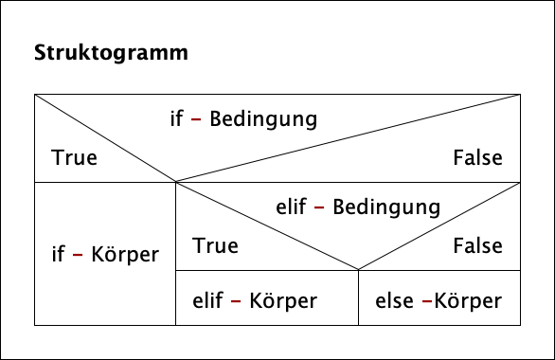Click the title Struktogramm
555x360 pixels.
tap(111, 52)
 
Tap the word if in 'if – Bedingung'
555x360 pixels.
tap(176, 120)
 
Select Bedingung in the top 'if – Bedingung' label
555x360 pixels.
tap(262, 121)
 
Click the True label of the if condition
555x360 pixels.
tap(75, 158)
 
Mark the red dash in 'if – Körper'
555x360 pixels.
tap(77, 255)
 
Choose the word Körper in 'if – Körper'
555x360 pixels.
tap(125, 256)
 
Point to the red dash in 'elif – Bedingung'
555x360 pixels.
tap(319, 207)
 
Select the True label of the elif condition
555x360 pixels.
tap(215, 245)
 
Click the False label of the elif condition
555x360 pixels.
tap(477, 245)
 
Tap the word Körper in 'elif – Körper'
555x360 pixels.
tap(283, 301)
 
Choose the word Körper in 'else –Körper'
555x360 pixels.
tap(467, 301)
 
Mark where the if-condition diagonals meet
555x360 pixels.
tap(176, 182)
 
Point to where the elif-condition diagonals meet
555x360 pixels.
tap(358, 270)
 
